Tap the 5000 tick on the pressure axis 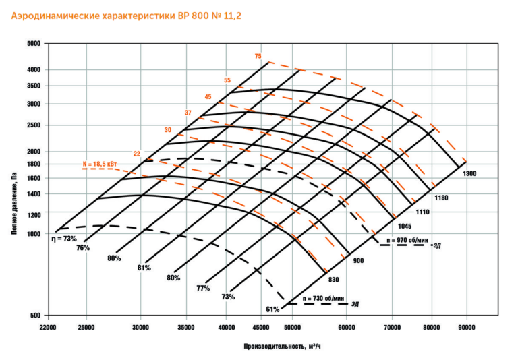[34, 44]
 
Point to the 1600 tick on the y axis [34, 179]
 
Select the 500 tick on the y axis [36, 316]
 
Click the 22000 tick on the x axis [48, 327]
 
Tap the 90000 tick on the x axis [466, 327]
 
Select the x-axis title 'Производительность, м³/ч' [283, 347]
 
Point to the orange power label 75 [258, 56]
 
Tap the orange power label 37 [188, 112]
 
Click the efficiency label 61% [272, 309]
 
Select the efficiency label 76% [83, 248]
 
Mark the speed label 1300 [470, 174]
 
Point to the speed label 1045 [405, 226]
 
